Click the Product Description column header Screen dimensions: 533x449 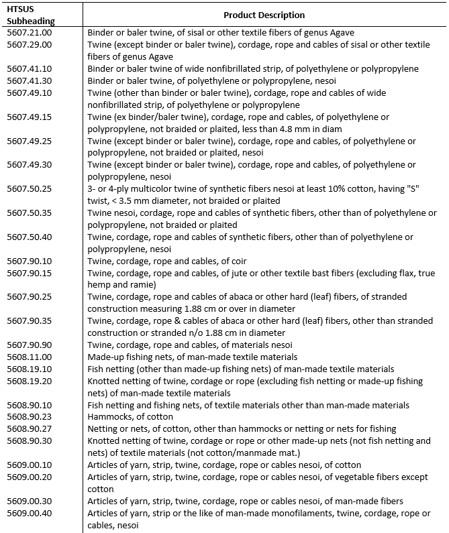[264, 15]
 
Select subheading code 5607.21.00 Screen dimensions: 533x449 [29, 32]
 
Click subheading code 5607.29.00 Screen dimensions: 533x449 [29, 44]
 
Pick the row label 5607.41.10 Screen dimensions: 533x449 [29, 69]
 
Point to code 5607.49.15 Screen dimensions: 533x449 [29, 117]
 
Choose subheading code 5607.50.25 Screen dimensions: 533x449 [29, 189]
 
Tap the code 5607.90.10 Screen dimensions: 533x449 [29, 261]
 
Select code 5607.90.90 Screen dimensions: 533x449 [29, 345]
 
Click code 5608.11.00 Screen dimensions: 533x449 [29, 357]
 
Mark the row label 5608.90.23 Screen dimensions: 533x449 [29, 417]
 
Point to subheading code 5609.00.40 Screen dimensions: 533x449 [29, 513]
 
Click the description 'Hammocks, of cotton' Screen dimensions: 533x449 [128, 417]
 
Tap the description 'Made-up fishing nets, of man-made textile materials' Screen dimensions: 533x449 [192, 357]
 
